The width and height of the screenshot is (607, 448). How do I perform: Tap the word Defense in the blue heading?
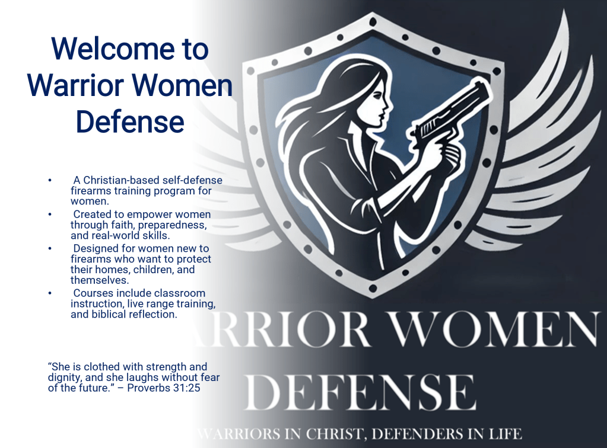pyautogui.click(x=130, y=121)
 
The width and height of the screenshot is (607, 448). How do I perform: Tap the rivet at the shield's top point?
pyautogui.click(x=373, y=23)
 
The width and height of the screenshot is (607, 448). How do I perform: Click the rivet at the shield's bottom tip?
pyautogui.click(x=373, y=289)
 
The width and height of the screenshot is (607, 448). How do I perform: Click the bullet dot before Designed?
pyautogui.click(x=50, y=248)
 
